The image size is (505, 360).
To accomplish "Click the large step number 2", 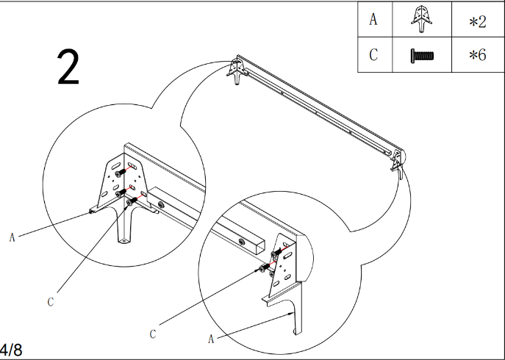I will click(x=68, y=69).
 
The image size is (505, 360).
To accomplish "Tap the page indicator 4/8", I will click(x=11, y=349).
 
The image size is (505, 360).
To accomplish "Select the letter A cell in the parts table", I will click(x=373, y=20).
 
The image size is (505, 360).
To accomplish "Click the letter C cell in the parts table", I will click(x=373, y=55).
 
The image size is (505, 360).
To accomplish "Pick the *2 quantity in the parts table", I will click(x=478, y=21).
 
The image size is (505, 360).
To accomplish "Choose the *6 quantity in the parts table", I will click(x=478, y=56).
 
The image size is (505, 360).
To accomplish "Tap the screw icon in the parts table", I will click(x=422, y=55).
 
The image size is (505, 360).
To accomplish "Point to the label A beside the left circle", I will click(x=12, y=237).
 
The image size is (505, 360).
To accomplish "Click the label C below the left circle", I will click(x=51, y=301).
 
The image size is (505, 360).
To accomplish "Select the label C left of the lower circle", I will click(x=153, y=334).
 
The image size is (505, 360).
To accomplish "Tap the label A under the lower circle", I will click(x=212, y=339).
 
